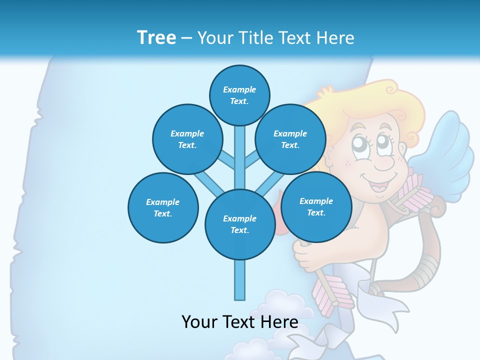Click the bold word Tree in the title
[x=156, y=37]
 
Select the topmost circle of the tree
[x=239, y=95]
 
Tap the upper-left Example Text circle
[x=187, y=139]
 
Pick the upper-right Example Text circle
[x=290, y=139]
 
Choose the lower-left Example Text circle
[x=163, y=207]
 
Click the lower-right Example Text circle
[x=316, y=206]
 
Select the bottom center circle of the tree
[x=240, y=224]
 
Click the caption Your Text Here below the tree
[x=240, y=322]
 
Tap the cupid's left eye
[x=360, y=143]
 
